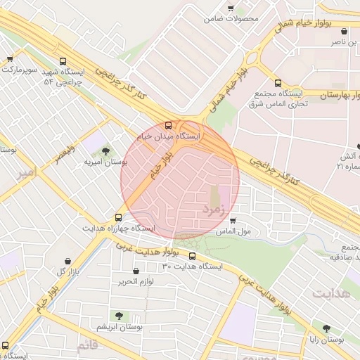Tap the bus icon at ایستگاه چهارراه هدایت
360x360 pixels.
point(117,217)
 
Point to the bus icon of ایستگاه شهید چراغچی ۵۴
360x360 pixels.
point(64,61)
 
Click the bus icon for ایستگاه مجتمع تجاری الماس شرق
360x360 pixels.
point(278,82)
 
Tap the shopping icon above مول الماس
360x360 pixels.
point(233,221)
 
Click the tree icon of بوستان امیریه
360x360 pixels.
point(105,151)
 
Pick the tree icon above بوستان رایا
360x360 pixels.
point(326,328)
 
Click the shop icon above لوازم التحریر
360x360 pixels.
point(136,271)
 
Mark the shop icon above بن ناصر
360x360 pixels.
point(343,32)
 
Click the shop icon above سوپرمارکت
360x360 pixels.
point(9,60)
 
